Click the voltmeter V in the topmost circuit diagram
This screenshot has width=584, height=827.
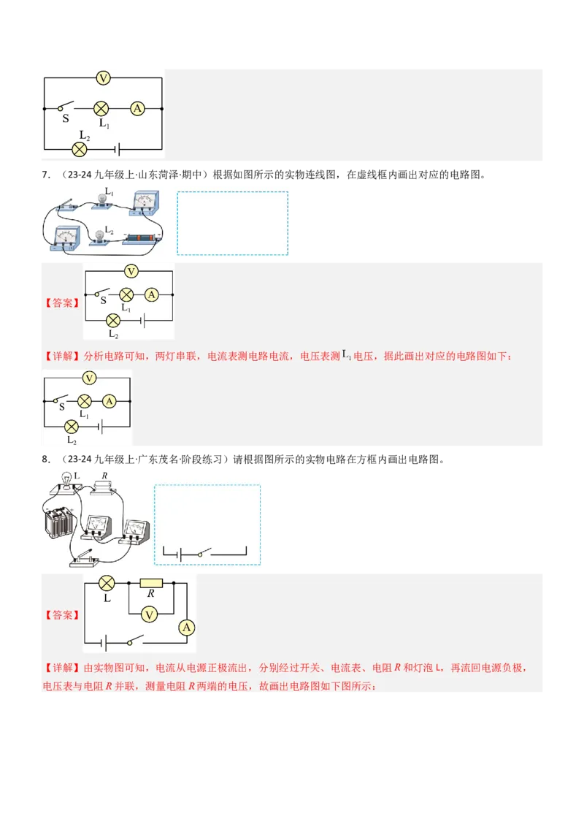103,77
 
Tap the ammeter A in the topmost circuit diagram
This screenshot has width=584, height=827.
137,108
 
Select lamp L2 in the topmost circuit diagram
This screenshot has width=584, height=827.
80,149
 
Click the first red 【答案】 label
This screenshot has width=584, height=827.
62,302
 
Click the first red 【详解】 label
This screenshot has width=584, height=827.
62,357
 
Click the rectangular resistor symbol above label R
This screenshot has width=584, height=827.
151,583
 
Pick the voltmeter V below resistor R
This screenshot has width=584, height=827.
150,615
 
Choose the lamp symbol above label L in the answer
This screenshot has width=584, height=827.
107,583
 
